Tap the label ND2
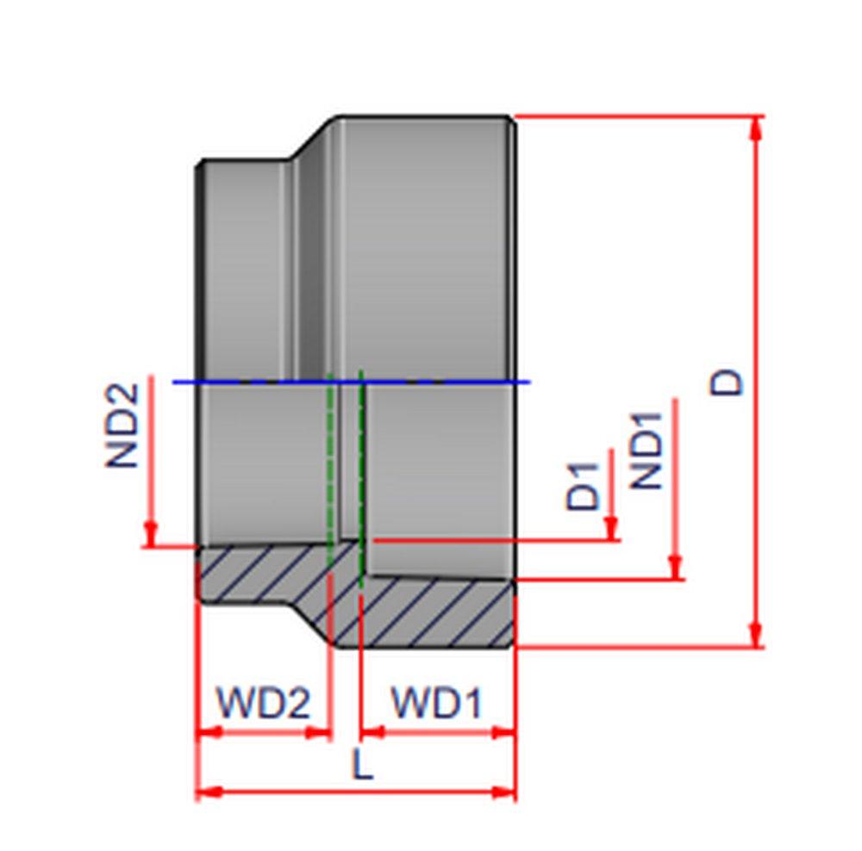click(122, 425)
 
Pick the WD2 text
click(262, 704)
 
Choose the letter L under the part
click(364, 764)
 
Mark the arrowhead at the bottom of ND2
click(151, 536)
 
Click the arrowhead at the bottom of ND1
click(676, 568)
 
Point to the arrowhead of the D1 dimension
click(611, 530)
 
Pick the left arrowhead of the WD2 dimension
click(207, 732)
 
